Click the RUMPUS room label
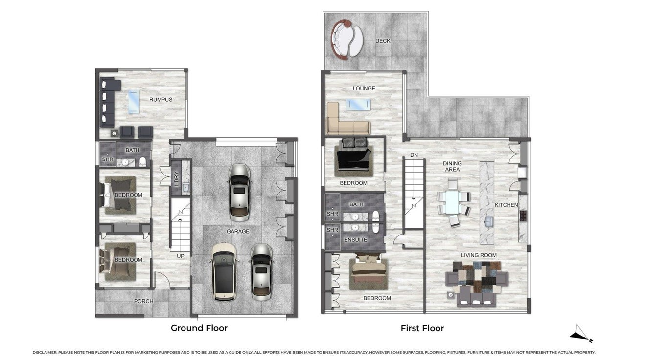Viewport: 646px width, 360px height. pyautogui.click(x=161, y=100)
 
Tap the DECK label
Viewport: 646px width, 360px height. pyautogui.click(x=383, y=41)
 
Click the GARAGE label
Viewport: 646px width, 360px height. pyautogui.click(x=238, y=231)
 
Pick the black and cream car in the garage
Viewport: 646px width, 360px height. pyautogui.click(x=224, y=272)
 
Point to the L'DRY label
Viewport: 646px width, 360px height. pyautogui.click(x=177, y=179)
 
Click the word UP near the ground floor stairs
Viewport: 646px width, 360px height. pyautogui.click(x=181, y=256)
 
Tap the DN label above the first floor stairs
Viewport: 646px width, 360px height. pyautogui.click(x=414, y=155)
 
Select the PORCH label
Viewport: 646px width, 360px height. pyautogui.click(x=143, y=301)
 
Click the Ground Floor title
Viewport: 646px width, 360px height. pyautogui.click(x=199, y=328)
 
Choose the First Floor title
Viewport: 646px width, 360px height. pyautogui.click(x=422, y=328)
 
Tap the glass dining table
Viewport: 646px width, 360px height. pyautogui.click(x=452, y=202)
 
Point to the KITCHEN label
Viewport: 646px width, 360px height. pyautogui.click(x=506, y=205)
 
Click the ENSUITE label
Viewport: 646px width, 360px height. pyautogui.click(x=356, y=240)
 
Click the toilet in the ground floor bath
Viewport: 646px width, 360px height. pyautogui.click(x=143, y=162)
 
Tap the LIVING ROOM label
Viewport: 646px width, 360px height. pyautogui.click(x=479, y=255)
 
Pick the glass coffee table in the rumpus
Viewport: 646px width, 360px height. pyautogui.click(x=134, y=101)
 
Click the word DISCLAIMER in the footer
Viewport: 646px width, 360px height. pyautogui.click(x=45, y=352)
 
